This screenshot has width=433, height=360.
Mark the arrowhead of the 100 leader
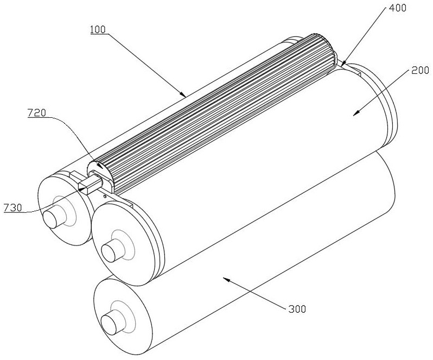point(185,96)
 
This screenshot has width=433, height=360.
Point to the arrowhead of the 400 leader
point(343,65)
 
